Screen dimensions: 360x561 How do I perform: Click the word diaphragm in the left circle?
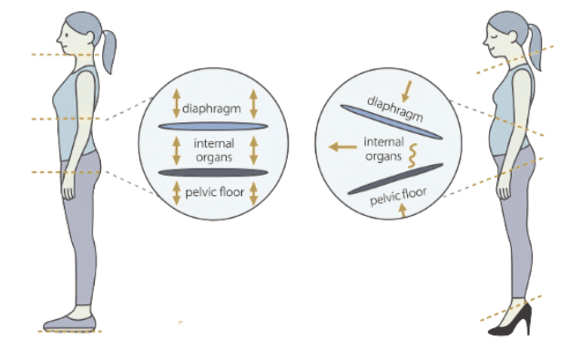pyautogui.click(x=213, y=108)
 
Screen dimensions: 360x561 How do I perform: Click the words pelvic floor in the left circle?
pyautogui.click(x=214, y=191)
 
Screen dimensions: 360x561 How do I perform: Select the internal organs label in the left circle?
pyautogui.click(x=214, y=149)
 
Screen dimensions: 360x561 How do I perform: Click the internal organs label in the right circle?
pyautogui.click(x=383, y=148)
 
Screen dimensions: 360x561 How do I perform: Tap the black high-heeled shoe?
pyautogui.click(x=510, y=320)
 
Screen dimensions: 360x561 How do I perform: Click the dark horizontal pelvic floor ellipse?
pyautogui.click(x=213, y=171)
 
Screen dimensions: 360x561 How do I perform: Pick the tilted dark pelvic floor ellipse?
pyautogui.click(x=396, y=178)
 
